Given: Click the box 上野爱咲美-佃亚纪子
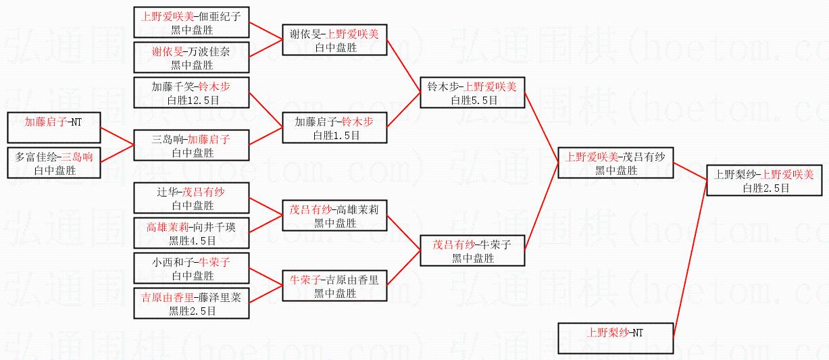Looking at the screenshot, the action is click(191, 22).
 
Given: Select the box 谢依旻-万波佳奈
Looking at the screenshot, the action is click(191, 57).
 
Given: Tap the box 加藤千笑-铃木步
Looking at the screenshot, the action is click(191, 93).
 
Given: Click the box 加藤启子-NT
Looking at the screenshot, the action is click(54, 128).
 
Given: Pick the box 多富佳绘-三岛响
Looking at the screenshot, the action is click(54, 163).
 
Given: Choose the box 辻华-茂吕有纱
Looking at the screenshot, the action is click(191, 198).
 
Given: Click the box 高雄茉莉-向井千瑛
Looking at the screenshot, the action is click(191, 233).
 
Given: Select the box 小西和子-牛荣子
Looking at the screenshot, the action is click(191, 268).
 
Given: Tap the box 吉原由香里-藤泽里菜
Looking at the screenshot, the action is click(191, 303).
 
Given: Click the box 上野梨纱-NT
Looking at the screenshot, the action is click(616, 338).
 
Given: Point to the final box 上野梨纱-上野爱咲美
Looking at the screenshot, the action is click(764, 180).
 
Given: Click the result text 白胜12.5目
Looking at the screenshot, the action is click(193, 100).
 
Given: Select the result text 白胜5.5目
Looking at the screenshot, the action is click(474, 100).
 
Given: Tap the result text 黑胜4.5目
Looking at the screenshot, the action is click(192, 241).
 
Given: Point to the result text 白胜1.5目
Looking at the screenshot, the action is click(336, 135).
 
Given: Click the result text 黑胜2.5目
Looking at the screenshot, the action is click(192, 311).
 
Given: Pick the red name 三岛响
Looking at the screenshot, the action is click(77, 157).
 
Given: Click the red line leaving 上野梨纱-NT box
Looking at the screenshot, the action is click(690, 259).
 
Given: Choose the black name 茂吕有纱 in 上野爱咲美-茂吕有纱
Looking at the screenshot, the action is click(644, 157).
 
